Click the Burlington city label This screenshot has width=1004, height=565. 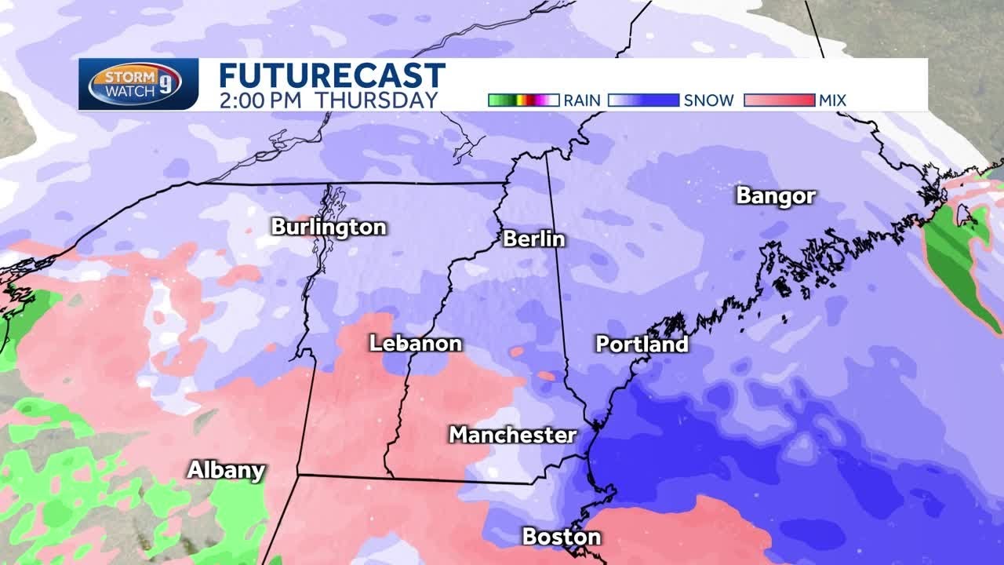pos(329,228)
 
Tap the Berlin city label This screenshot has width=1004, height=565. pos(534,239)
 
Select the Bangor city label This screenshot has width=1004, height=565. pos(776,196)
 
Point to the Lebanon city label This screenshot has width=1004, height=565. pos(416,344)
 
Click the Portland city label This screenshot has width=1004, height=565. pos(642,344)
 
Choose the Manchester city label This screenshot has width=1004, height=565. pos(512,435)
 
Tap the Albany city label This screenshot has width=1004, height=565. pos(226,470)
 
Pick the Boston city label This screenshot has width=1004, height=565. pos(562,537)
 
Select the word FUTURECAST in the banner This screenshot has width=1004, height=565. pos(332,76)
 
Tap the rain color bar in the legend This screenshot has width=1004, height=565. pos(522,100)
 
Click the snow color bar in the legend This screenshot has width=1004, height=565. pos(642,100)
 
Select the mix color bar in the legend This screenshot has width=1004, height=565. pos(779,100)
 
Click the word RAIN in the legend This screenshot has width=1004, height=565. pos(582,100)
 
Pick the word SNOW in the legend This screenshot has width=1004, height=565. pos(708,100)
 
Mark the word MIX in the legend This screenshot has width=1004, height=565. pos(832,100)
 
